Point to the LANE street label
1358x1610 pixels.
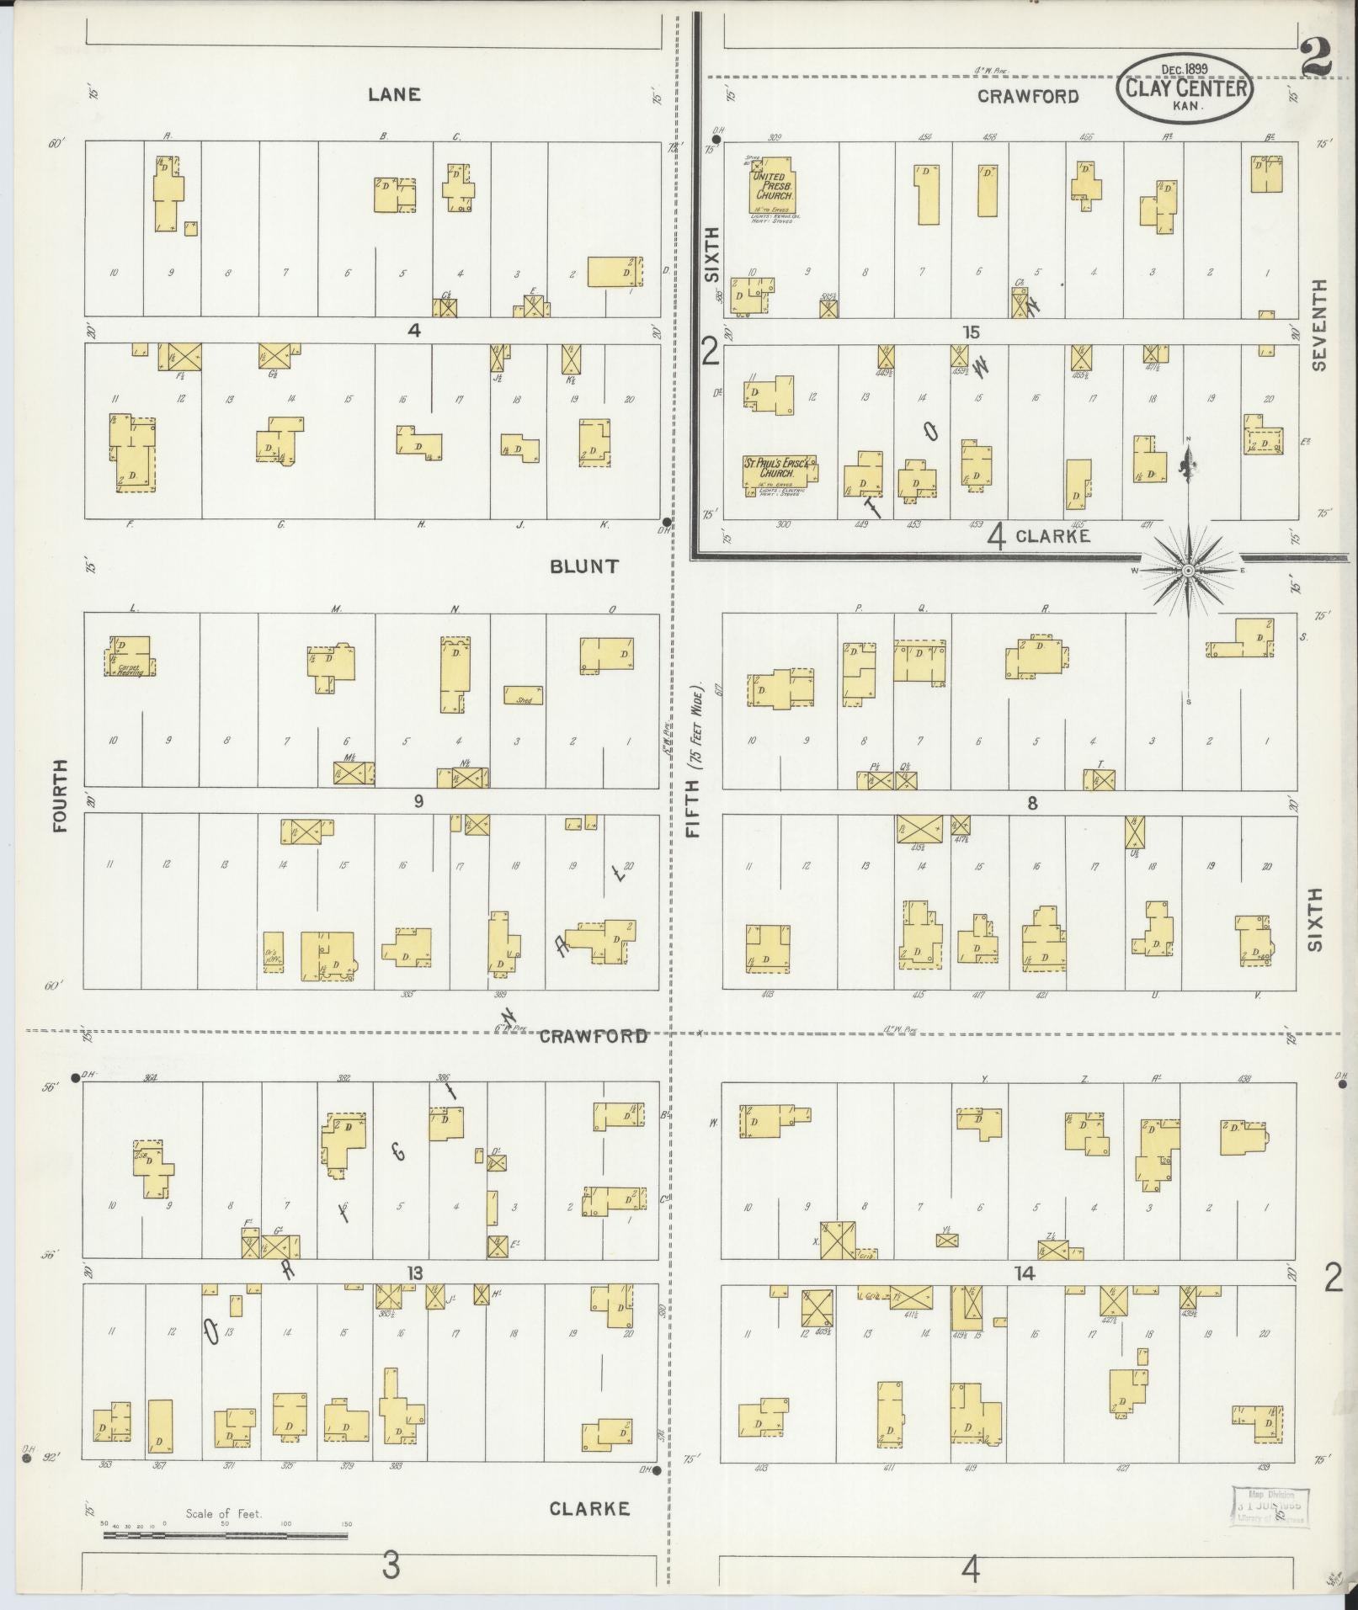click(x=394, y=95)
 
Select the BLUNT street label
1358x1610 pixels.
click(x=584, y=566)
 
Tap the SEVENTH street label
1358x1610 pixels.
click(x=1318, y=325)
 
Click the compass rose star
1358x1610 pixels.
click(x=1188, y=571)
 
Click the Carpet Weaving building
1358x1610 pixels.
click(x=130, y=657)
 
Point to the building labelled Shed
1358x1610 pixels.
click(x=524, y=695)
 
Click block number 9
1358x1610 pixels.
click(x=418, y=801)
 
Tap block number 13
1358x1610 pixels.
click(x=414, y=1273)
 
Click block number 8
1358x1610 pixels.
click(x=1031, y=803)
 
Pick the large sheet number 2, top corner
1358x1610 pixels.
click(x=1315, y=59)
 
